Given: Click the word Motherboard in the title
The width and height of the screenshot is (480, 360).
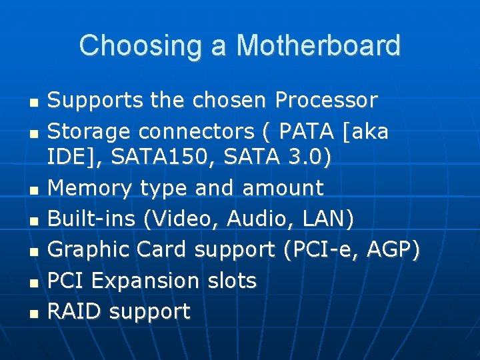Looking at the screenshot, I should click(318, 45).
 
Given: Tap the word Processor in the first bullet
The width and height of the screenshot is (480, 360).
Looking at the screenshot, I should click(326, 101).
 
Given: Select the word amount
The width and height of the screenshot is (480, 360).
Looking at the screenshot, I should click(283, 188).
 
